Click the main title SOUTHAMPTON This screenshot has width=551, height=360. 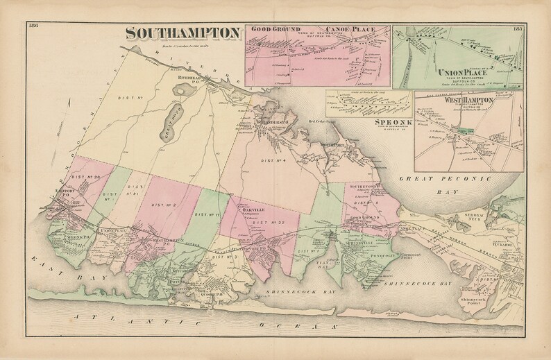[182, 33]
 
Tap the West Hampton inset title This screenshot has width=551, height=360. [459, 100]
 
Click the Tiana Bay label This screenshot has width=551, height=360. [322, 268]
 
